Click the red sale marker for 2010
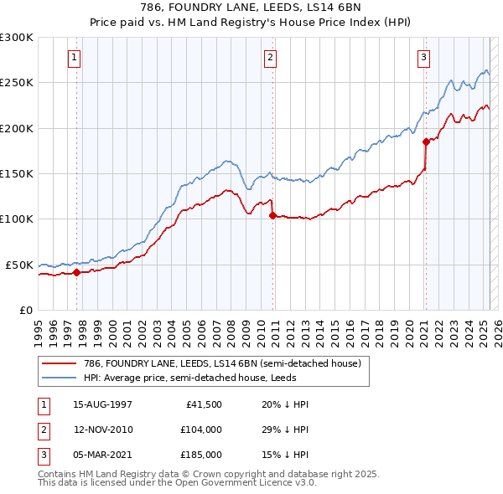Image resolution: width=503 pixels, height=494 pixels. coord(272,215)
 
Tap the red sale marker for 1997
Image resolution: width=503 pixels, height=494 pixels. coord(76,271)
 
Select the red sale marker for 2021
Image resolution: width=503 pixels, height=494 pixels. coord(426,142)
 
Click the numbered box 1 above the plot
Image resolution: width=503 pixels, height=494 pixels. coord(75,58)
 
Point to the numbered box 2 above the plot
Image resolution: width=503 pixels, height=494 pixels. coord(271,58)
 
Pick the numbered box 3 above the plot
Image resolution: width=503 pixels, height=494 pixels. coord(424,58)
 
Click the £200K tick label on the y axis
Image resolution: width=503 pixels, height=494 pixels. coord(17,128)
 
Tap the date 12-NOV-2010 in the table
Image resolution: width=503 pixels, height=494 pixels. coord(103,430)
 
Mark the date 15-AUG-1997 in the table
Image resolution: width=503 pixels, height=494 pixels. coord(103,404)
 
